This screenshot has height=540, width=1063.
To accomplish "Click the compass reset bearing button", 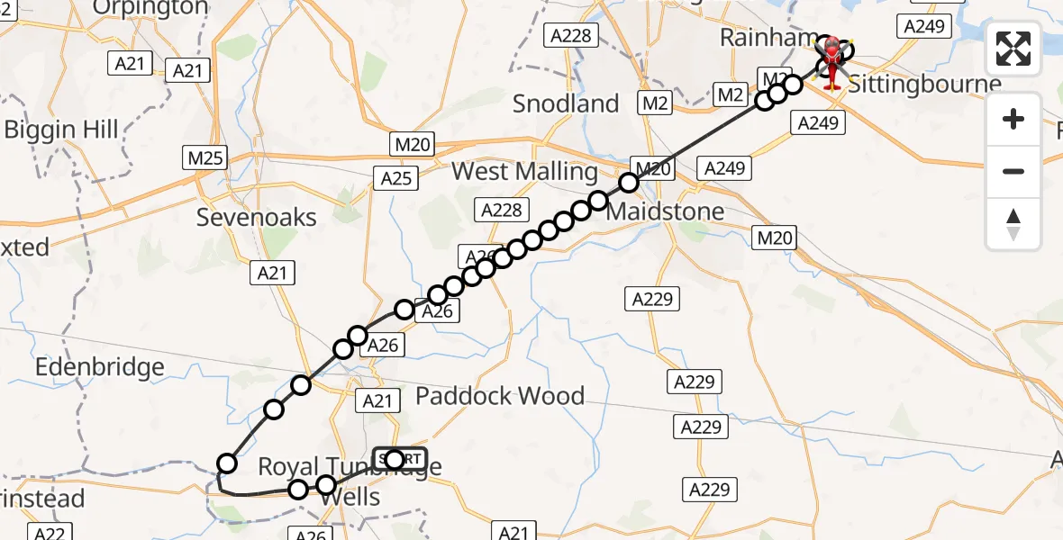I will tap(1013, 224).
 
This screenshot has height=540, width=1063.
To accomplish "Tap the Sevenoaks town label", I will tap(257, 217).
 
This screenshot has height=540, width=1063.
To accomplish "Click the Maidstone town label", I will tap(665, 211).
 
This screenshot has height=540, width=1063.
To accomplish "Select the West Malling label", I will tap(524, 171).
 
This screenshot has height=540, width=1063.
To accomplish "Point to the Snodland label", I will tap(566, 103).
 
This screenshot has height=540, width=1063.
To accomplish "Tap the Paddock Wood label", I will tap(499, 395).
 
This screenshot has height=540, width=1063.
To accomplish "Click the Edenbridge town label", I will tap(99, 367).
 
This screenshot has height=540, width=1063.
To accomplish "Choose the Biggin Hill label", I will tap(61, 130).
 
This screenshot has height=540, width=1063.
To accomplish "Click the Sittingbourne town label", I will tap(924, 85).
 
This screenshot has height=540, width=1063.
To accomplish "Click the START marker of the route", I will tap(400, 459).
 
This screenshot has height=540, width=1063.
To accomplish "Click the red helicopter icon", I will tap(831, 61).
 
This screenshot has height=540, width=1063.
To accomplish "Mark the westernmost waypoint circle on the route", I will tap(227, 463).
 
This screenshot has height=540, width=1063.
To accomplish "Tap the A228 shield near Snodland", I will tap(571, 35).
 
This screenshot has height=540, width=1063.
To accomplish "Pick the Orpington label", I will tap(150, 8).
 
